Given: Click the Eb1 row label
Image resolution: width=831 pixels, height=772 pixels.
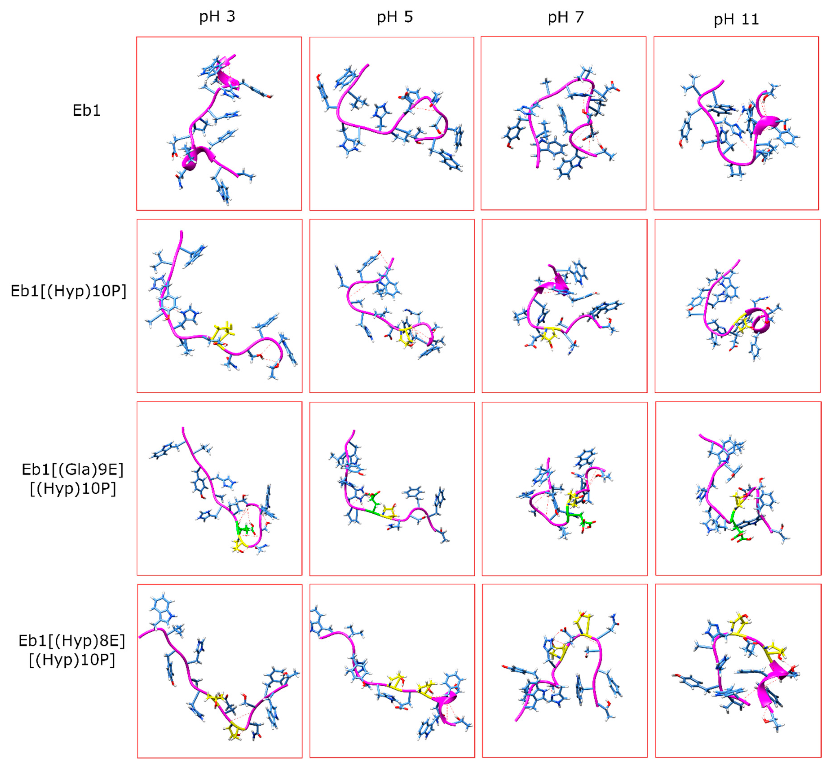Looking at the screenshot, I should [x=86, y=110].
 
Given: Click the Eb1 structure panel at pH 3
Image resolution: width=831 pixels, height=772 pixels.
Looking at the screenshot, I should [x=219, y=123].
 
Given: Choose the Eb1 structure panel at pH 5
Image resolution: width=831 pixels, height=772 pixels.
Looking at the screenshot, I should [x=392, y=123].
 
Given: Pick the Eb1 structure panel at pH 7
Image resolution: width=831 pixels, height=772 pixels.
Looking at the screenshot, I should [x=563, y=123].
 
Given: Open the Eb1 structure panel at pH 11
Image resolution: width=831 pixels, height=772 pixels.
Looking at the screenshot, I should [x=736, y=123].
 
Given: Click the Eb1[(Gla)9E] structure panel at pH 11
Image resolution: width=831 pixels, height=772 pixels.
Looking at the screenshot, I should [x=738, y=488].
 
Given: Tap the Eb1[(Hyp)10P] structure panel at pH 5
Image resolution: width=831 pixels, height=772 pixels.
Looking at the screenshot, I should [x=392, y=306].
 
